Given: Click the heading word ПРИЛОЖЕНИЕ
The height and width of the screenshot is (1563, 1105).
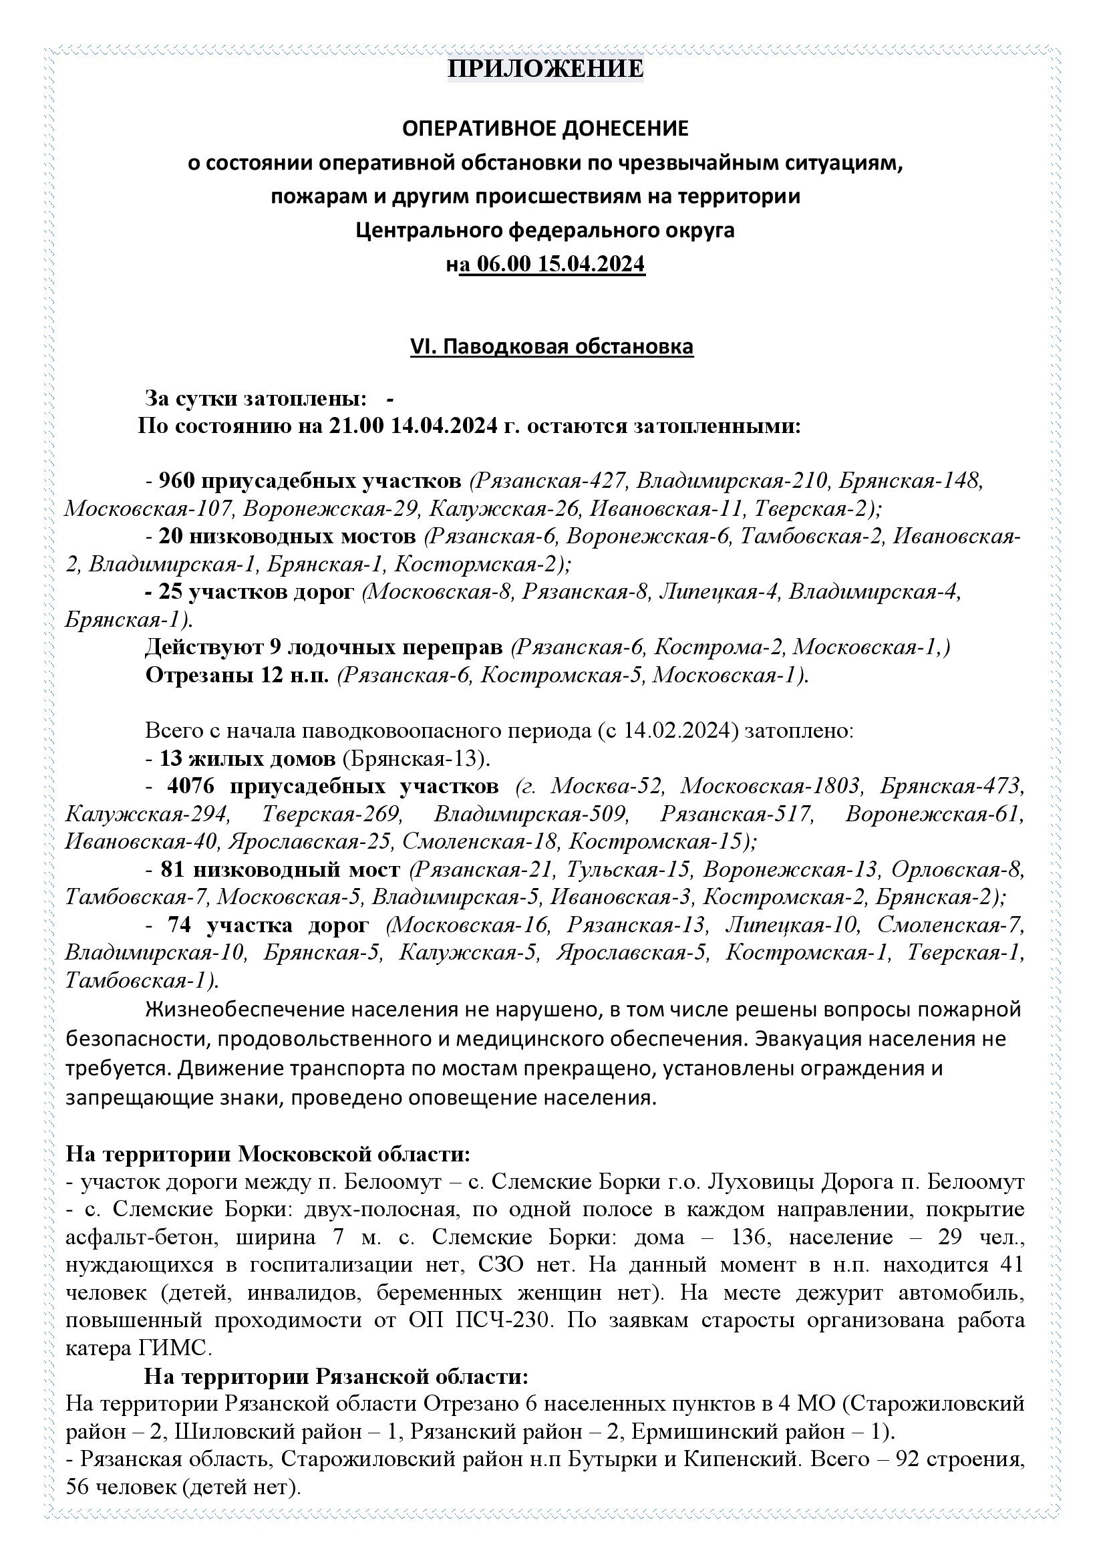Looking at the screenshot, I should (545, 69).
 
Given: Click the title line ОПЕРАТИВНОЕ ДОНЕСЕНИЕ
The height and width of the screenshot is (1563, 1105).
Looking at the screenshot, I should (545, 128).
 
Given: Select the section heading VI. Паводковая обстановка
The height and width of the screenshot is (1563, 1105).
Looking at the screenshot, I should (551, 347).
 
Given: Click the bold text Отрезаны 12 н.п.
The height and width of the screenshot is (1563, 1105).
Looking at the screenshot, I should (236, 675).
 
